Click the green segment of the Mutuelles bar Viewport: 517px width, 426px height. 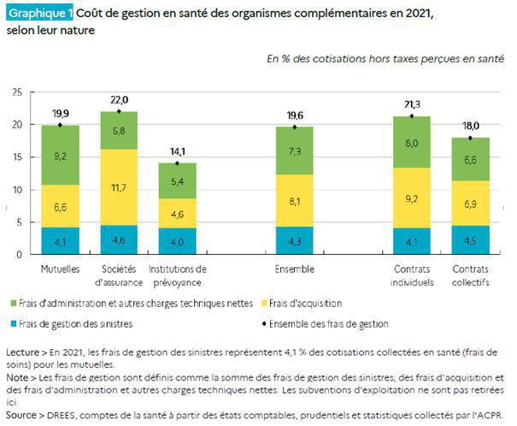point(60,156)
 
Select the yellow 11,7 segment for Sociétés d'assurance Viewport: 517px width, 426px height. point(119,187)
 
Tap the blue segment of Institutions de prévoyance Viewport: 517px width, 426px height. point(178,240)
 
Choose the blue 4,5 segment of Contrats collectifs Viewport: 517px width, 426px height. point(469,240)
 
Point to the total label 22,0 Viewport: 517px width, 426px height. point(119,101)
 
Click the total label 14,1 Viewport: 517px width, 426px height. point(178,152)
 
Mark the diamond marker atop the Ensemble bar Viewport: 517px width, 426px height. point(294,127)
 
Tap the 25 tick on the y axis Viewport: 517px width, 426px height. point(17,92)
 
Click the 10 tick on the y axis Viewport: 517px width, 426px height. point(17,189)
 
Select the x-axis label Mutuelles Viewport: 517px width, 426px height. point(60,269)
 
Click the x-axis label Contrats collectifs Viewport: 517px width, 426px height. point(469,275)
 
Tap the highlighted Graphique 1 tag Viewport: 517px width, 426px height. point(39,14)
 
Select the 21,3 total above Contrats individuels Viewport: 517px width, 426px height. point(411,105)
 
